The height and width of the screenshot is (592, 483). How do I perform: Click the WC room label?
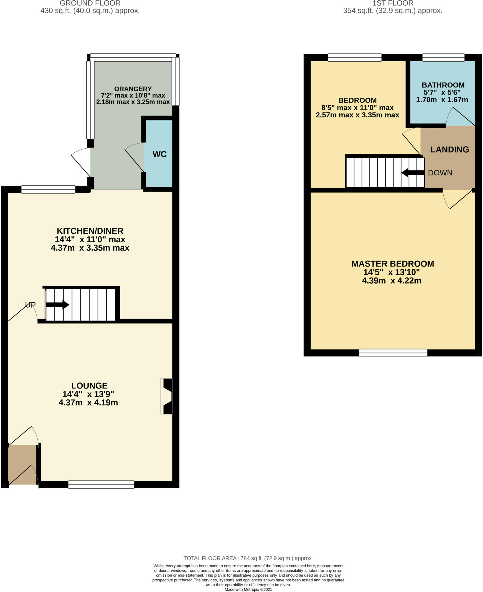tap(160, 154)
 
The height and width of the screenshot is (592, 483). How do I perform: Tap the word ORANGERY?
tap(133, 89)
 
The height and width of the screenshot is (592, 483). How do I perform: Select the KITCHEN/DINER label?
tap(90, 231)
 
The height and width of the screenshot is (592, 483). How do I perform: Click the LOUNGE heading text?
tap(89, 386)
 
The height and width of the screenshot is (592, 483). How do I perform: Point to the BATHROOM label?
tap(443, 85)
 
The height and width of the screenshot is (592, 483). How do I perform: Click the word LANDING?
tap(449, 149)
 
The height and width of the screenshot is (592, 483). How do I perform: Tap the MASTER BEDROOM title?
tap(393, 264)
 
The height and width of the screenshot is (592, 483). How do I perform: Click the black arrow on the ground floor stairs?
tap(58, 305)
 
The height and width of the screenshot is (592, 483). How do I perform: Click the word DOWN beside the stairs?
tap(440, 173)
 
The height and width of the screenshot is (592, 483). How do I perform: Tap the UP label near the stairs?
tap(30, 305)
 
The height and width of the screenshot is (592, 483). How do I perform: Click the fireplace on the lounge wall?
tap(167, 396)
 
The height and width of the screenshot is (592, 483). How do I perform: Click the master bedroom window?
tap(393, 353)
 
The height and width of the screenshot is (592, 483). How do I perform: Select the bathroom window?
tap(443, 58)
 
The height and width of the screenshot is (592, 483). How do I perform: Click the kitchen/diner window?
tap(48, 189)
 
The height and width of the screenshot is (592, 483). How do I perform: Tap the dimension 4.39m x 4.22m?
tap(391, 281)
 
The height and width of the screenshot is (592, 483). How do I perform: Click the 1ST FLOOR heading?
tap(393, 3)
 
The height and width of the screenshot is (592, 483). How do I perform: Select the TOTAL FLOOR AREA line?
tap(248, 558)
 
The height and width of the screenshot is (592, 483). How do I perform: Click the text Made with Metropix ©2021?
tap(248, 589)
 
